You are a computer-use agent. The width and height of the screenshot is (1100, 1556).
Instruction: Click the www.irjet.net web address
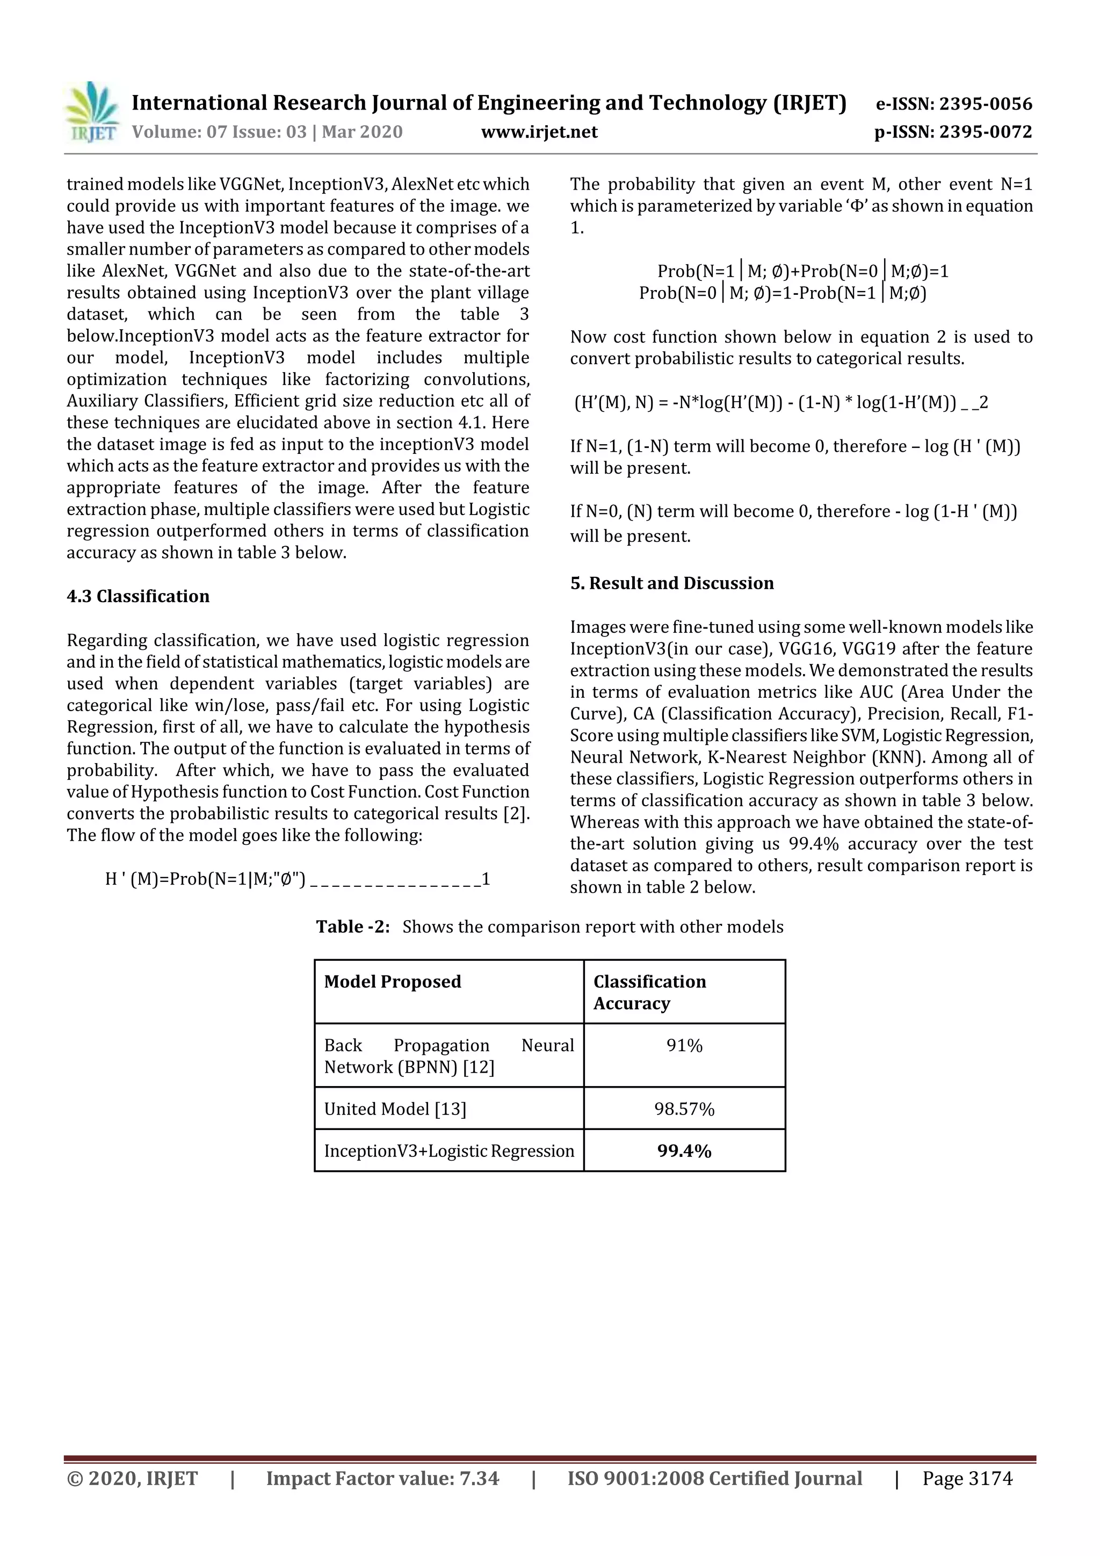539,132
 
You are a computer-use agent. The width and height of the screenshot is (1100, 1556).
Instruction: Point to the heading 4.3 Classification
137,596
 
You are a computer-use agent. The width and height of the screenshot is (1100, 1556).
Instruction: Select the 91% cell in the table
684,1046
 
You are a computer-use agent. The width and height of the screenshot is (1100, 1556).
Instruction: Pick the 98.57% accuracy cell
684,1110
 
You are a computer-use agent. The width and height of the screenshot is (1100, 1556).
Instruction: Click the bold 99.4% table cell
684,1152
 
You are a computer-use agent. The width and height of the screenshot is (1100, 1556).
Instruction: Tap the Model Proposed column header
393,982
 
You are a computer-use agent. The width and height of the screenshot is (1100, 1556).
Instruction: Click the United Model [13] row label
395,1110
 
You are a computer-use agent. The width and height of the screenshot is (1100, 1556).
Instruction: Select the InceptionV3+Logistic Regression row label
448,1152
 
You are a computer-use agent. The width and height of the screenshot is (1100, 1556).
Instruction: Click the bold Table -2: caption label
352,927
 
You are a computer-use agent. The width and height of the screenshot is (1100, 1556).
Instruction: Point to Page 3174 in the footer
967,1479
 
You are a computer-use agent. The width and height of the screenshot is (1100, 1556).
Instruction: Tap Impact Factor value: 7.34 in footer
382,1479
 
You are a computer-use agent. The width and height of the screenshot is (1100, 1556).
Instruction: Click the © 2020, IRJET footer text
132,1479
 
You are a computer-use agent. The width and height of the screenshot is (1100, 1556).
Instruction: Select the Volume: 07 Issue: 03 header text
267,132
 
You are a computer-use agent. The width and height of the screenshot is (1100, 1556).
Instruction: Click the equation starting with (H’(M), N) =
779,402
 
